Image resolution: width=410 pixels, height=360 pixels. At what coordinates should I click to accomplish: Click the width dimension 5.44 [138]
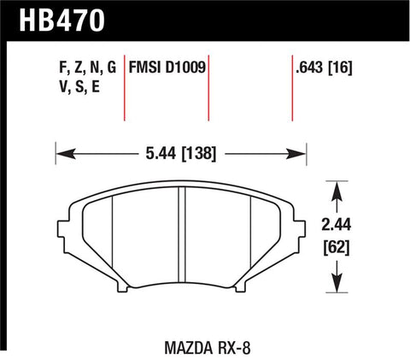[x=179, y=155]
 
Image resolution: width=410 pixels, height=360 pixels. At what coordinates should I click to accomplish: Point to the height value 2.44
[x=341, y=225]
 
